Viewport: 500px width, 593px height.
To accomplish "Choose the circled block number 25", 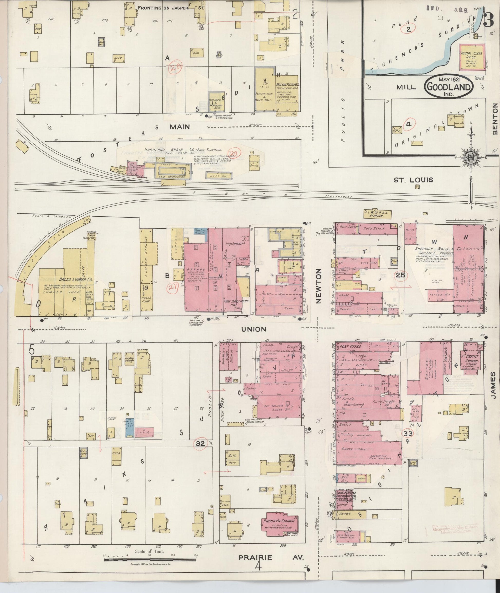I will (x=401, y=275).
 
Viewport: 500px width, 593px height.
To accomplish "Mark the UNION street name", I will (x=254, y=329).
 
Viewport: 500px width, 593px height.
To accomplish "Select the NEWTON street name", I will (x=318, y=286).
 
